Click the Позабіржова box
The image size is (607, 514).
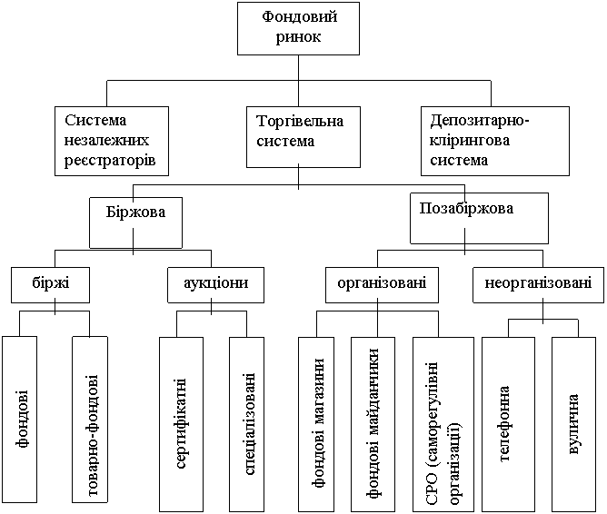[479, 216]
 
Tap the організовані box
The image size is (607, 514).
[382, 283]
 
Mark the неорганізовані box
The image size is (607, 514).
[537, 283]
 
